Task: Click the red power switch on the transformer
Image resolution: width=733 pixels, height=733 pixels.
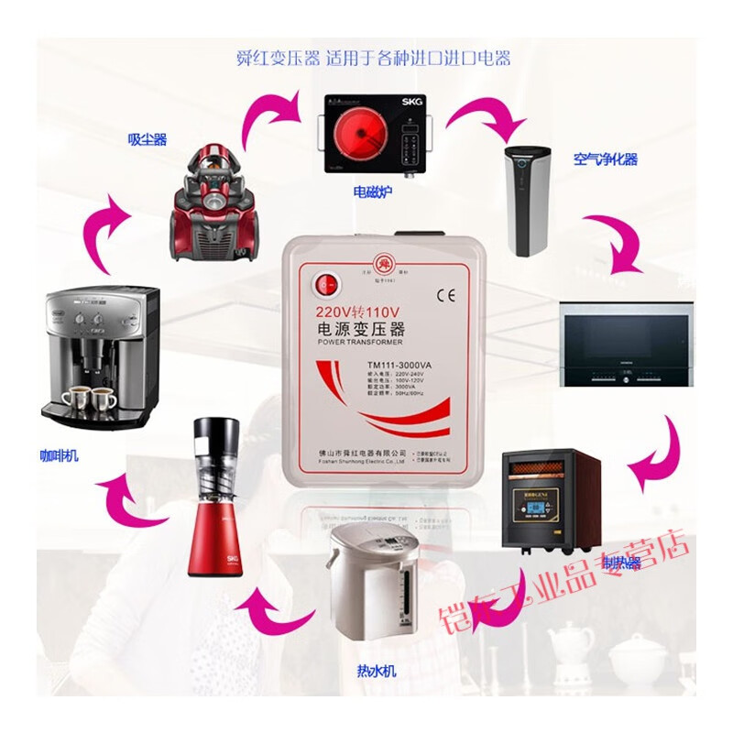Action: pyautogui.click(x=323, y=285)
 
